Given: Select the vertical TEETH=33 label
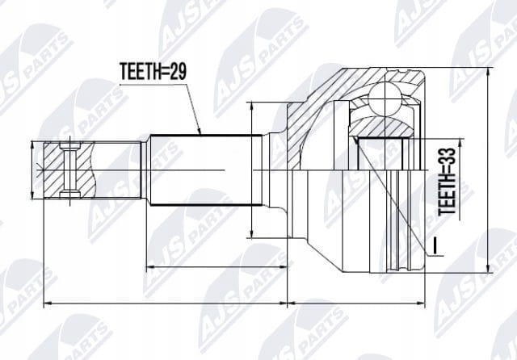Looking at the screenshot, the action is (447, 182).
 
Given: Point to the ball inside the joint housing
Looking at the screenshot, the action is (385, 98).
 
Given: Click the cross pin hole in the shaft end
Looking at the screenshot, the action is (69, 170).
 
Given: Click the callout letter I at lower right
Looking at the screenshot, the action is (435, 245).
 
